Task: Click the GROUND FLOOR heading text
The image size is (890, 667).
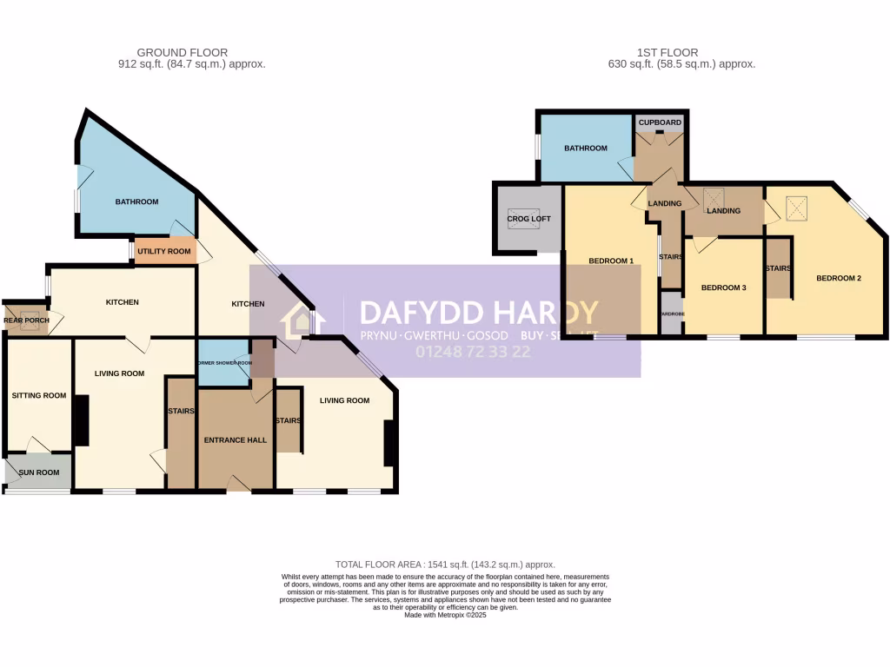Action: [x=183, y=53]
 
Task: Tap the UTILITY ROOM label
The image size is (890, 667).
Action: [x=164, y=251]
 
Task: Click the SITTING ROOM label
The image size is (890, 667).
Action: [x=39, y=395]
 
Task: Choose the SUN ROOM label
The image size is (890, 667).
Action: [x=39, y=472]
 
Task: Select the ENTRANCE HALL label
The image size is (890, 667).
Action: [x=235, y=440]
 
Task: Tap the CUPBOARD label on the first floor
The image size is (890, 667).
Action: [x=660, y=123]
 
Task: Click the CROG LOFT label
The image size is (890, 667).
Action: [x=524, y=219]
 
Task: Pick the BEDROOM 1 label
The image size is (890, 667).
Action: [x=611, y=261]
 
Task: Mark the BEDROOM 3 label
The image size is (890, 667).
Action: [x=724, y=287]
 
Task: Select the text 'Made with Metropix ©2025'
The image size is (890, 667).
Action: [x=445, y=615]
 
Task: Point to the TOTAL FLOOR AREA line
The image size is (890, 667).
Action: [x=445, y=565]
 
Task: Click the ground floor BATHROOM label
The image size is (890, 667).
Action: [x=137, y=201]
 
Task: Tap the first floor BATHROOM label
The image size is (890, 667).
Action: [x=585, y=148]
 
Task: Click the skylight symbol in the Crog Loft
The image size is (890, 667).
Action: [x=523, y=221]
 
